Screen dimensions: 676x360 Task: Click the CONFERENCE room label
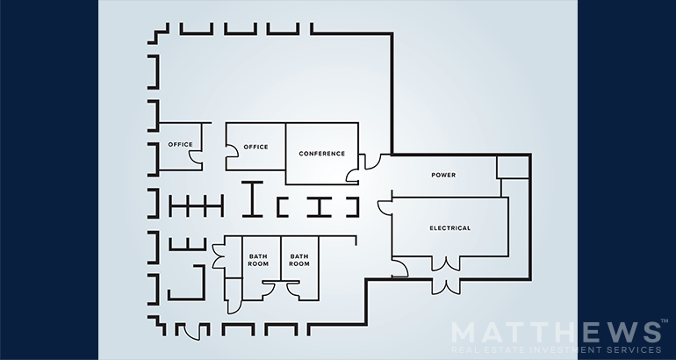click(321, 154)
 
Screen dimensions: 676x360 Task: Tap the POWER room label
click(443, 175)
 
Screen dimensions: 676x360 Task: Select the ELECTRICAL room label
click(450, 228)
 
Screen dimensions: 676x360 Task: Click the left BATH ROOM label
click(258, 260)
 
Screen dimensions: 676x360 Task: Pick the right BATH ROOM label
click(299, 260)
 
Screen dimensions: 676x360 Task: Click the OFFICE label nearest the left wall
click(180, 144)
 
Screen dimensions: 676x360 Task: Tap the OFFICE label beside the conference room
click(255, 147)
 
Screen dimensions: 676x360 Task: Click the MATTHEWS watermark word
click(555, 333)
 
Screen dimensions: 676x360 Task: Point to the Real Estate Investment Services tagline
click(556, 349)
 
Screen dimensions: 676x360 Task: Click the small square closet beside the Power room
click(513, 168)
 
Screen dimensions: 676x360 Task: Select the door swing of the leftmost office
click(196, 158)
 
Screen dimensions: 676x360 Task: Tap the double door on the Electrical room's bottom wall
click(446, 264)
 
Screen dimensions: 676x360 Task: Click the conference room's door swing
click(353, 175)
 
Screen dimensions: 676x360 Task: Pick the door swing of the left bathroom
click(268, 289)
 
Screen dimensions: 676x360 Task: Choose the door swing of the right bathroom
click(293, 289)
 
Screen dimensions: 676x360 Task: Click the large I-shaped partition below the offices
click(252, 198)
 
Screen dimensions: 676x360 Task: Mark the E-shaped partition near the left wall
click(188, 244)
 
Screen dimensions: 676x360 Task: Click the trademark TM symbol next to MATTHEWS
click(665, 321)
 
